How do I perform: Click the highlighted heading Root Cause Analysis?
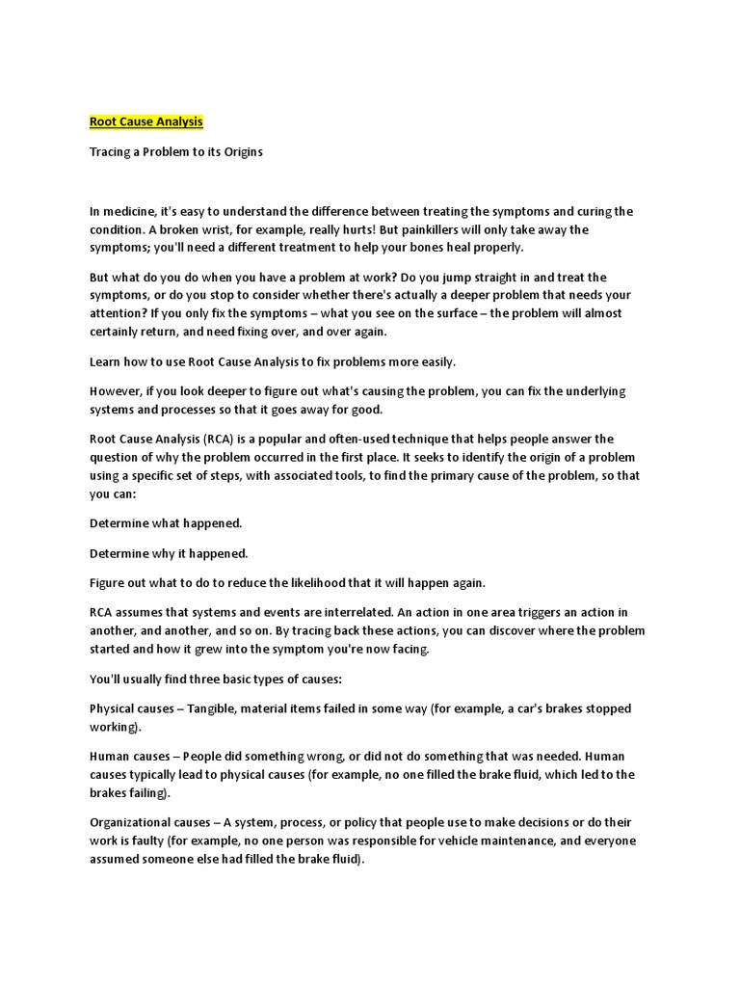[x=146, y=122]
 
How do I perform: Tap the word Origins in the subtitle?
[x=239, y=152]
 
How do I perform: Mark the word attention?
[x=117, y=314]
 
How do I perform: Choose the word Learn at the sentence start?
[x=106, y=361]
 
